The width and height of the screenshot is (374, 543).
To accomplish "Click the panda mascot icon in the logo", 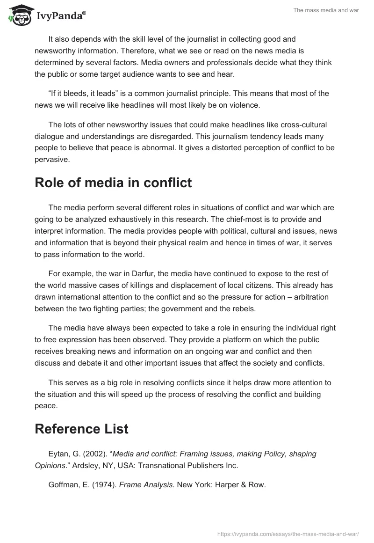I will (18, 15).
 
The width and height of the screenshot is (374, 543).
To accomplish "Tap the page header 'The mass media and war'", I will (326, 10).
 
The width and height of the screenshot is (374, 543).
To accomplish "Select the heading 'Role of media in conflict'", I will (113, 183).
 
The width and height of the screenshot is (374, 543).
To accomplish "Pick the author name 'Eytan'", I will (58, 454).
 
